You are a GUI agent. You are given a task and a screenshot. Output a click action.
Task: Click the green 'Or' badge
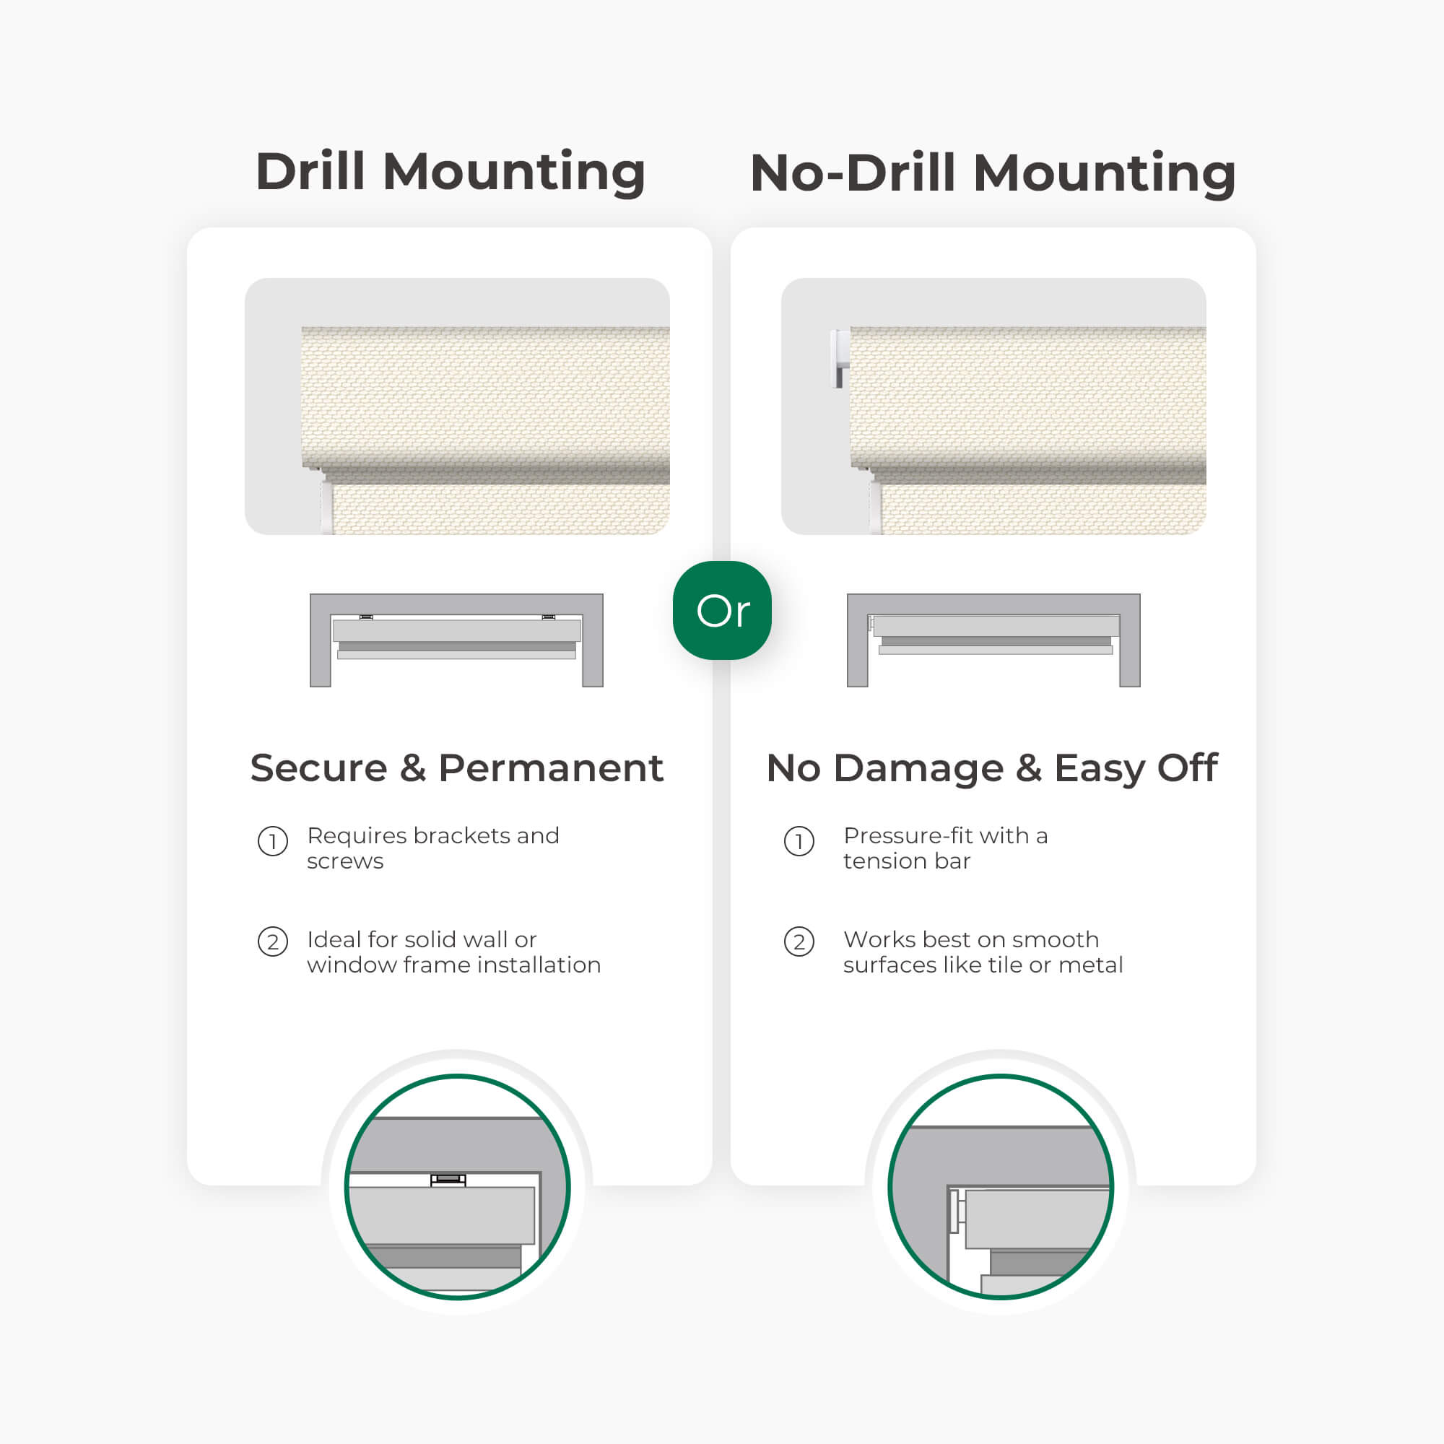pos(722,610)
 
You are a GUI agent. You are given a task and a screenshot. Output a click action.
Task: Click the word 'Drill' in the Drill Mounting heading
pos(310,172)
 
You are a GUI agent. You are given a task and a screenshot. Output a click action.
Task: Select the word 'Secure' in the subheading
pos(319,767)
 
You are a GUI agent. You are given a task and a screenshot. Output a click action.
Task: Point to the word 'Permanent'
pos(551,767)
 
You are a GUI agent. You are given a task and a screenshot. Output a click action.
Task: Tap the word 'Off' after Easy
pos(1188,767)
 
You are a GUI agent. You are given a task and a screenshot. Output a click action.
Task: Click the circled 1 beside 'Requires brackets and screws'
pos(273,842)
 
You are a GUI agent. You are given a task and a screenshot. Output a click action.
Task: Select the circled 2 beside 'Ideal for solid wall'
pos(273,941)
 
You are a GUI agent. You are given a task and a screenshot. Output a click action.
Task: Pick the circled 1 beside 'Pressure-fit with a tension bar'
pos(799,842)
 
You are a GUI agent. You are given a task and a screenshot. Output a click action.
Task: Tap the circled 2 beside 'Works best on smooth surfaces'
pos(799,941)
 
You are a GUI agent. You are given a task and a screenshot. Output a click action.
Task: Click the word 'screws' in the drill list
pos(345,862)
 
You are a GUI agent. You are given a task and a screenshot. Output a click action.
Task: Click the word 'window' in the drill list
pos(352,965)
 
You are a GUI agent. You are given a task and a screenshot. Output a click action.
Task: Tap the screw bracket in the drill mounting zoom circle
pos(448,1180)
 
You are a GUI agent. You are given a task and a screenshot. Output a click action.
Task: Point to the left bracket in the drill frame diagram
pos(366,617)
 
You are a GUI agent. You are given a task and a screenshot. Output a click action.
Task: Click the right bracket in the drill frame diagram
pos(549,617)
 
